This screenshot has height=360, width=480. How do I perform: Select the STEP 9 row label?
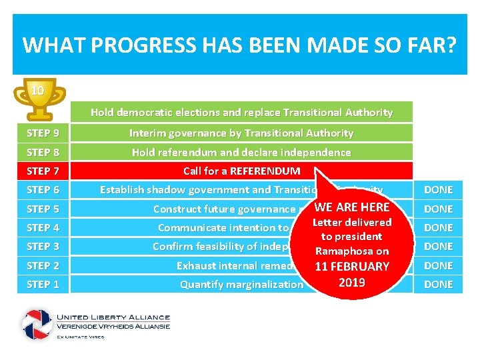(43, 133)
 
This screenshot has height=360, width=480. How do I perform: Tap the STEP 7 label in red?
(43, 171)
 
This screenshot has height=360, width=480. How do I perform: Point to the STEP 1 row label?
(43, 284)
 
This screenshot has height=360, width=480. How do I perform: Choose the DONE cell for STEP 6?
(438, 190)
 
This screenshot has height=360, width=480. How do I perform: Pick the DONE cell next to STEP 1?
(438, 284)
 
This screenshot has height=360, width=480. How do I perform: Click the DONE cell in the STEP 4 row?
(438, 227)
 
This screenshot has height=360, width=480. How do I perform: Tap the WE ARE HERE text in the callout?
(351, 207)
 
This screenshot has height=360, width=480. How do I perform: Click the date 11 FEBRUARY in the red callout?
(351, 266)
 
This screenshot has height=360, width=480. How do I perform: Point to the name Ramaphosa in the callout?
(351, 251)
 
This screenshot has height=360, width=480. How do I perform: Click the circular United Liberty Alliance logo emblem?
(37, 325)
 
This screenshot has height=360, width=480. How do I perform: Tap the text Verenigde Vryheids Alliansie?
(113, 325)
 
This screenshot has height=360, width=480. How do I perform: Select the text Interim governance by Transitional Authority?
(241, 133)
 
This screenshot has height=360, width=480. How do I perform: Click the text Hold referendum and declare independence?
(241, 152)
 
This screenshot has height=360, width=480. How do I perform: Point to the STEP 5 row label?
(43, 209)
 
